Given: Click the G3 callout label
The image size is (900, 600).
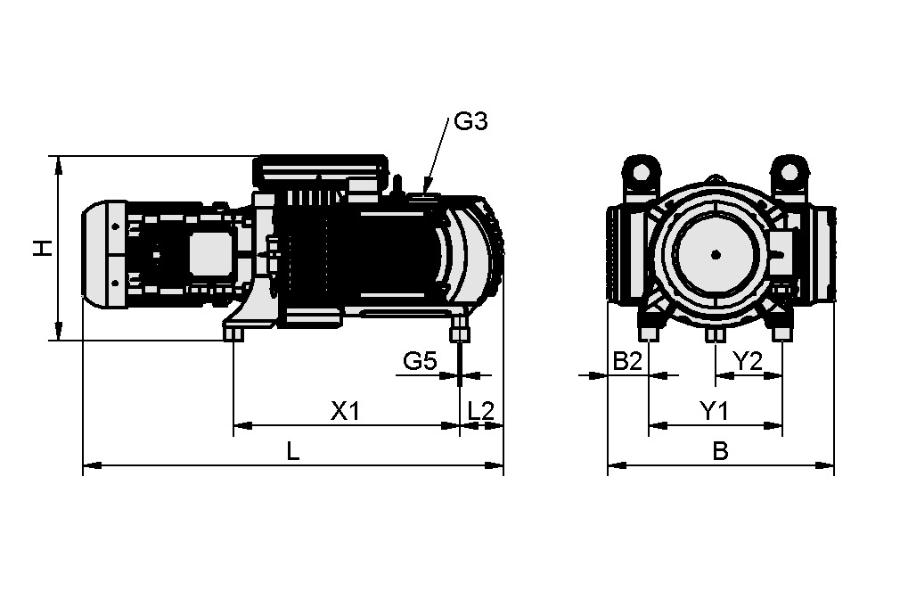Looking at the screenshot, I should pos(470,121).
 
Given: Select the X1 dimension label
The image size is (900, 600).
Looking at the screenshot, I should pos(345,411).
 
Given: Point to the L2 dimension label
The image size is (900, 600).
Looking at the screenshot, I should pos(481,411).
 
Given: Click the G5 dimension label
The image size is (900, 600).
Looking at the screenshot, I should pos(420,361).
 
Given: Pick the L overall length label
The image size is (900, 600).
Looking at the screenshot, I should pos(292,451).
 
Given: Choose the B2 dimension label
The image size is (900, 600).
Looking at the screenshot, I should pos(627,361).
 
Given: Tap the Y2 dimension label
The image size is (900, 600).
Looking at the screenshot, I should pos(747,361).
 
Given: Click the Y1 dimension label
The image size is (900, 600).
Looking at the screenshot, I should pos(714,411).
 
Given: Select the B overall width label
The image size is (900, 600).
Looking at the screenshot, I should pos(720,451).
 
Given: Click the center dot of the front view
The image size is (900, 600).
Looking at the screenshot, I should pos(715,254).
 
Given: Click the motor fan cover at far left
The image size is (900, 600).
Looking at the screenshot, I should pos(104,255).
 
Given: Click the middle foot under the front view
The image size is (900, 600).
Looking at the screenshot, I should pos(715,334).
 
